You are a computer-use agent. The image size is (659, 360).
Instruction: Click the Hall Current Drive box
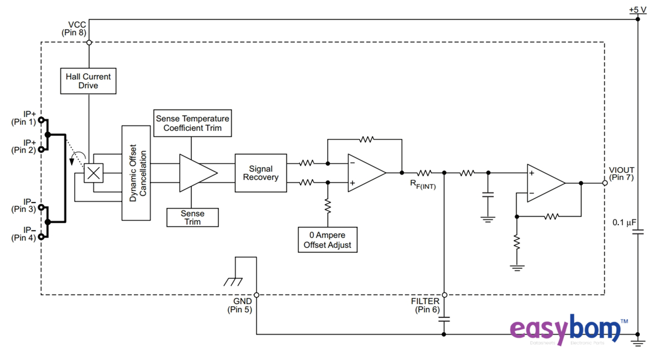click(88, 81)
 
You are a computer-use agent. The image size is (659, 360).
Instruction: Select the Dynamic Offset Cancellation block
click(136, 173)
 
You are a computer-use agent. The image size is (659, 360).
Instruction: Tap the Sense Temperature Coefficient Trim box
click(192, 123)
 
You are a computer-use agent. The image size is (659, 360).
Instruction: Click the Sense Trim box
click(192, 218)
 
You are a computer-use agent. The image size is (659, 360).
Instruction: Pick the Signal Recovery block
click(260, 173)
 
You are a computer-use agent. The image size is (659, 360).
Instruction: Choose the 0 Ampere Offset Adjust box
click(327, 240)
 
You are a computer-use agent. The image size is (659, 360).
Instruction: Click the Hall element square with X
click(93, 173)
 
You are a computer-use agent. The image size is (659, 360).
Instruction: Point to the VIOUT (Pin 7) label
click(621, 174)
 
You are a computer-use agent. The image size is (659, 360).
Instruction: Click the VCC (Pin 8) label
click(74, 29)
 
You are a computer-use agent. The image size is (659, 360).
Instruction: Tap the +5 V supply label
click(637, 10)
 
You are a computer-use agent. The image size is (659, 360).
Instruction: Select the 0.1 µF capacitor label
click(624, 223)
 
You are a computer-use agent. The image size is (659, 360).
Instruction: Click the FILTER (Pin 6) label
click(426, 305)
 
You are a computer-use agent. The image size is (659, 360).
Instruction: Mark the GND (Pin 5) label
click(240, 305)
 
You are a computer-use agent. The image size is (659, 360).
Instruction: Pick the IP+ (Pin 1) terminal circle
click(41, 120)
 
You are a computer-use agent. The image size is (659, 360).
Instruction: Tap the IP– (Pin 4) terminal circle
click(41, 237)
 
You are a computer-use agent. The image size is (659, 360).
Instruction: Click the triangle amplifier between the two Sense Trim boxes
click(196, 173)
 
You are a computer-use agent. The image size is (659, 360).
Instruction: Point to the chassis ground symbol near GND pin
click(233, 282)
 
